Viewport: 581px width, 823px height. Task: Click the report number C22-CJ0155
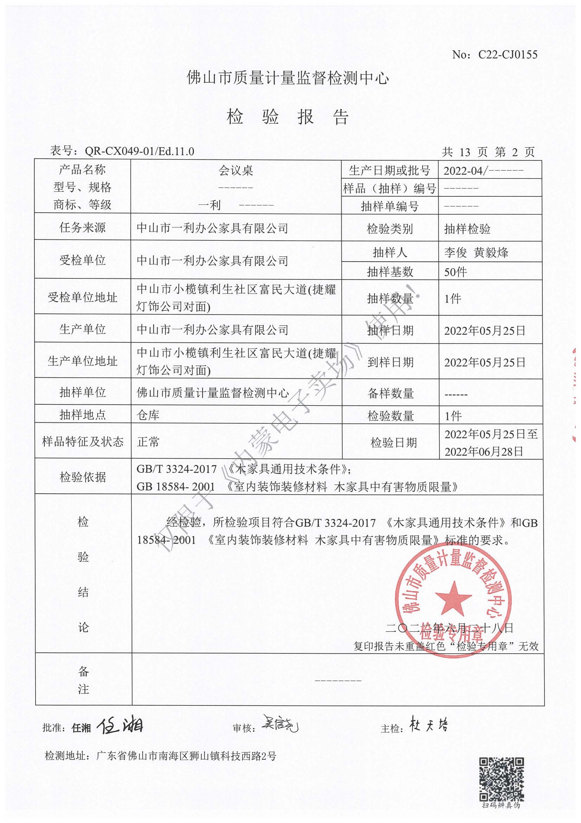(508, 55)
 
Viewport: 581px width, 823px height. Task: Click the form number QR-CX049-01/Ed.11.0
(139, 151)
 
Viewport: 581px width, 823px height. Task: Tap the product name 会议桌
(235, 170)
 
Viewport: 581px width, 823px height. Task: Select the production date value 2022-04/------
(483, 171)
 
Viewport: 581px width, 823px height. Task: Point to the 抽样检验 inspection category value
(467, 229)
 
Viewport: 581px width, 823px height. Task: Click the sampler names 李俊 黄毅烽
(476, 253)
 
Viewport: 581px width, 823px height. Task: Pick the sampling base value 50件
(456, 272)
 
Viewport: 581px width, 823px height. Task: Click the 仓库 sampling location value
(148, 415)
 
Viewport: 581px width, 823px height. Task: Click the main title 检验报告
(288, 117)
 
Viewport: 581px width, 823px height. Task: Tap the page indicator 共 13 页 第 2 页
(488, 152)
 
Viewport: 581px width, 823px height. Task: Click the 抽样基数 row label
(390, 272)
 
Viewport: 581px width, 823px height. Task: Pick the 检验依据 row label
(83, 477)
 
